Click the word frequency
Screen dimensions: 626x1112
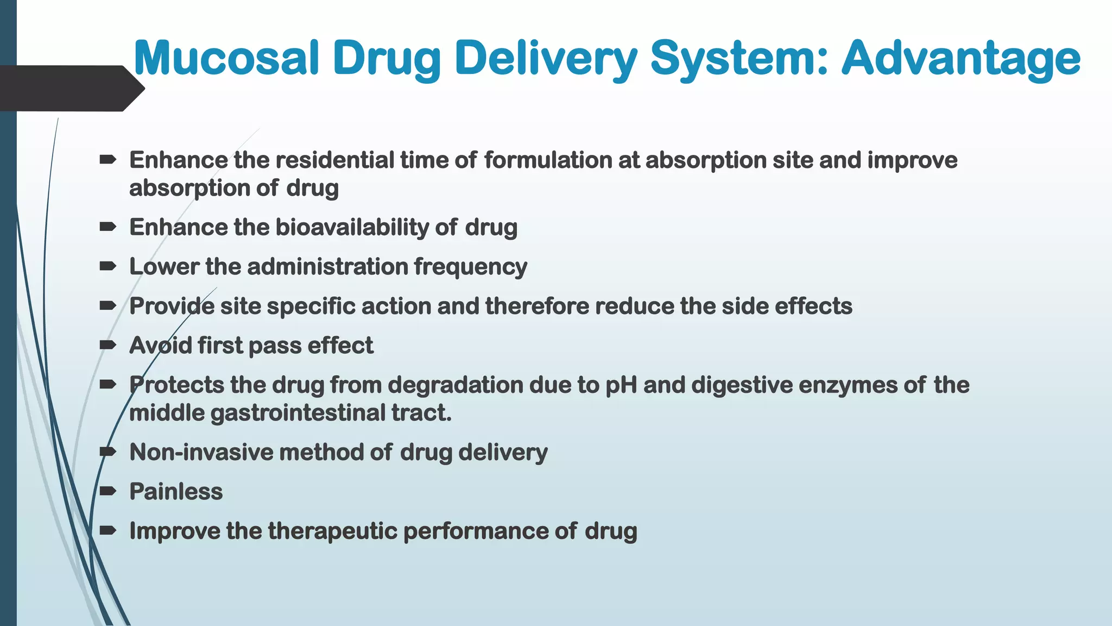[470, 267]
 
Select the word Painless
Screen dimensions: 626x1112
[176, 492]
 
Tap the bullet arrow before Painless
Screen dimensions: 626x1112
[108, 491]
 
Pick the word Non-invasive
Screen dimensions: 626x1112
[201, 452]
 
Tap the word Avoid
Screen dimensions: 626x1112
[160, 346]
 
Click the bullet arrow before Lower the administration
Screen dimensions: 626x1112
[108, 266]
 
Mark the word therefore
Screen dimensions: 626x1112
[537, 306]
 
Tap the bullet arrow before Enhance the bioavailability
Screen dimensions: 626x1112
[108, 227]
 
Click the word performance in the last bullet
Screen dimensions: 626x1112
[476, 531]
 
